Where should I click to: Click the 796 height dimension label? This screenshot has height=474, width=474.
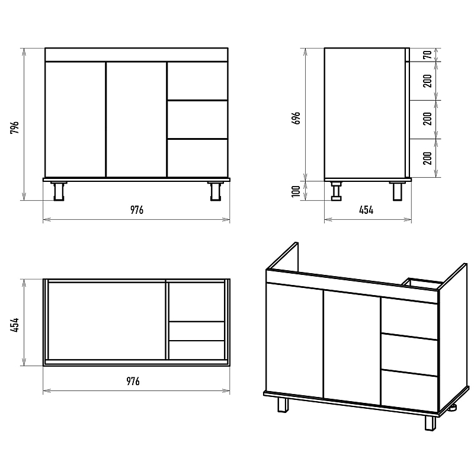tap(14, 127)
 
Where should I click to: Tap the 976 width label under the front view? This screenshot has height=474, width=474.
tap(137, 210)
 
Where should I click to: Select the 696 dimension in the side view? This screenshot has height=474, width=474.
tap(297, 118)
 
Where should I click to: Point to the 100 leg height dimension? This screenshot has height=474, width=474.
tap(296, 191)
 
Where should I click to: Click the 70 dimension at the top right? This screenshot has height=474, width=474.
tap(427, 55)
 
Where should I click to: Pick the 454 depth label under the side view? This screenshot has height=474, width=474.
tap(366, 210)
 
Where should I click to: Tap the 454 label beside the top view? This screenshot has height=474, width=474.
tap(14, 325)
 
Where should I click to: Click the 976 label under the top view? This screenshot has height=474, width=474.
tap(133, 381)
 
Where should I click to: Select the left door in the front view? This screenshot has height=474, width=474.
tap(75, 120)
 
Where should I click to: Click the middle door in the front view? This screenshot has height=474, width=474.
tap(136, 120)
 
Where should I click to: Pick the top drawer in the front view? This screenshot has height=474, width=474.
tap(197, 81)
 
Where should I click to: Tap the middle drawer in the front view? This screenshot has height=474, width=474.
tap(197, 120)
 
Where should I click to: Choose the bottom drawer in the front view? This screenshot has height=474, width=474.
tap(197, 158)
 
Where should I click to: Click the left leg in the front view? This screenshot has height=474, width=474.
tap(59, 191)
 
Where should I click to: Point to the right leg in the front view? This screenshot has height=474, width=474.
tap(215, 191)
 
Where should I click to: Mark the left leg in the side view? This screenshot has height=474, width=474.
tap(336, 191)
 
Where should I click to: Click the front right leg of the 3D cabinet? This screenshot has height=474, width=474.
tap(430, 423)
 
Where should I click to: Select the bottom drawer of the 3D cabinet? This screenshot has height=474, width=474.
tap(409, 391)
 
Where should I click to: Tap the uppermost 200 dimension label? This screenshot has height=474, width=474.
tap(427, 81)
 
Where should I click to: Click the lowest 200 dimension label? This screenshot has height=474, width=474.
tap(427, 158)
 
